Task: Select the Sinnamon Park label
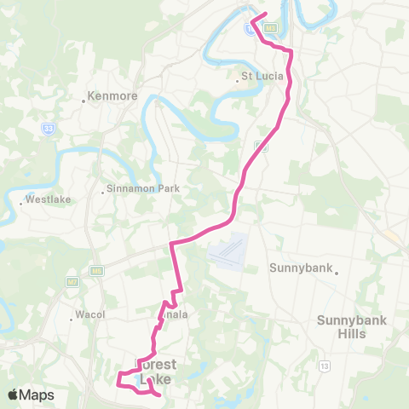pyautogui.click(x=139, y=189)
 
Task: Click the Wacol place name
pyautogui.click(x=89, y=314)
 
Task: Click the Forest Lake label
pyautogui.click(x=158, y=373)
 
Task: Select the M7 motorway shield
pyautogui.click(x=72, y=280)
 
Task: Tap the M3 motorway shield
pyautogui.click(x=271, y=28)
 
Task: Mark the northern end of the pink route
pyautogui.click(x=267, y=14)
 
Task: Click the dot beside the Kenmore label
pyautogui.click(x=84, y=101)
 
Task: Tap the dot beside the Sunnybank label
pyautogui.click(x=337, y=274)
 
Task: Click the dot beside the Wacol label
pyautogui.click(x=72, y=320)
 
